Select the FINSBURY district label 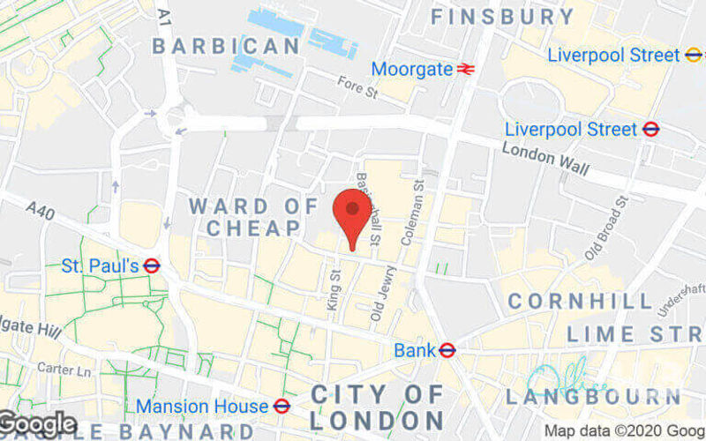coord(502,17)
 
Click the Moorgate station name coord(411,69)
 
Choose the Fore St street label coord(358,86)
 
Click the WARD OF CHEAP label coord(254,217)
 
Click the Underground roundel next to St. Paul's coord(152,265)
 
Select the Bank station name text coord(415,350)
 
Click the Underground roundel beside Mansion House coord(282,406)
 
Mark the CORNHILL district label coord(580,302)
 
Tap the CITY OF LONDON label coord(377,406)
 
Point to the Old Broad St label coord(610,222)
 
